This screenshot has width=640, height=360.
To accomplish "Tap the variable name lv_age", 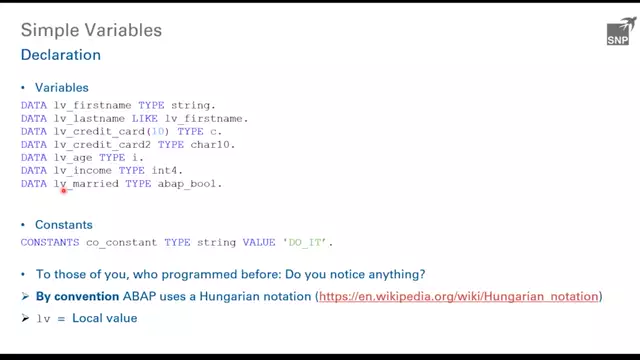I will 78,168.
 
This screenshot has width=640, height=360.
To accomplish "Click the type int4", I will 174,184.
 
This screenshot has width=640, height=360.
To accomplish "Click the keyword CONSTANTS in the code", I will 52,242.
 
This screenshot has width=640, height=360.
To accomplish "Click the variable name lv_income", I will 89,184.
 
